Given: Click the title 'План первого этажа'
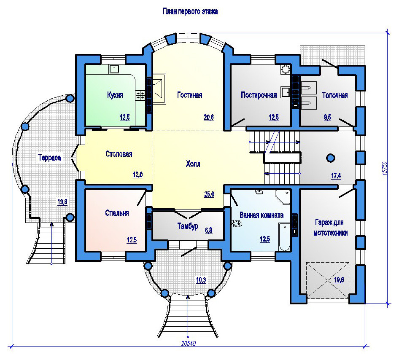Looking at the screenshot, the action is tap(190, 11).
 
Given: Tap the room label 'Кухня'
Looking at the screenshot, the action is tap(115, 95).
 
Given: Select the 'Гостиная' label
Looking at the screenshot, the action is tap(189, 95).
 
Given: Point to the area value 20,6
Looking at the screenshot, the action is tap(209, 117).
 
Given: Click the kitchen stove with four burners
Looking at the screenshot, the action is tap(140, 95).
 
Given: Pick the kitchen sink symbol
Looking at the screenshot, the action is tap(114, 69).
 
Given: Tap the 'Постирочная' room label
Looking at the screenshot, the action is tap(259, 95).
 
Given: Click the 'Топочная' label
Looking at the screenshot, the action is tap(334, 95).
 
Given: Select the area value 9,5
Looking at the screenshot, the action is tap(327, 117).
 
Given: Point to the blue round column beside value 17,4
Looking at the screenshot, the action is tap(331, 158).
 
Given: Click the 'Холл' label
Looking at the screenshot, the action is tap(193, 164).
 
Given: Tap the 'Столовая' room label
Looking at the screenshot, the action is tap(119, 154).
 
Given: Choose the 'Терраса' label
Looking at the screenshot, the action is tap(49, 158).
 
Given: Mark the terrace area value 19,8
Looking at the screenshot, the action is tap(62, 202).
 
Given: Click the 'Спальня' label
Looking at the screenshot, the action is tap(117, 213).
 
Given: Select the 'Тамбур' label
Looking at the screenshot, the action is tap(188, 226).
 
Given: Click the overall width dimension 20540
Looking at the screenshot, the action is tap(189, 344).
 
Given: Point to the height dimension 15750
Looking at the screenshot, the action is tap(385, 168).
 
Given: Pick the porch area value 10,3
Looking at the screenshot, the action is tap(201, 280).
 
